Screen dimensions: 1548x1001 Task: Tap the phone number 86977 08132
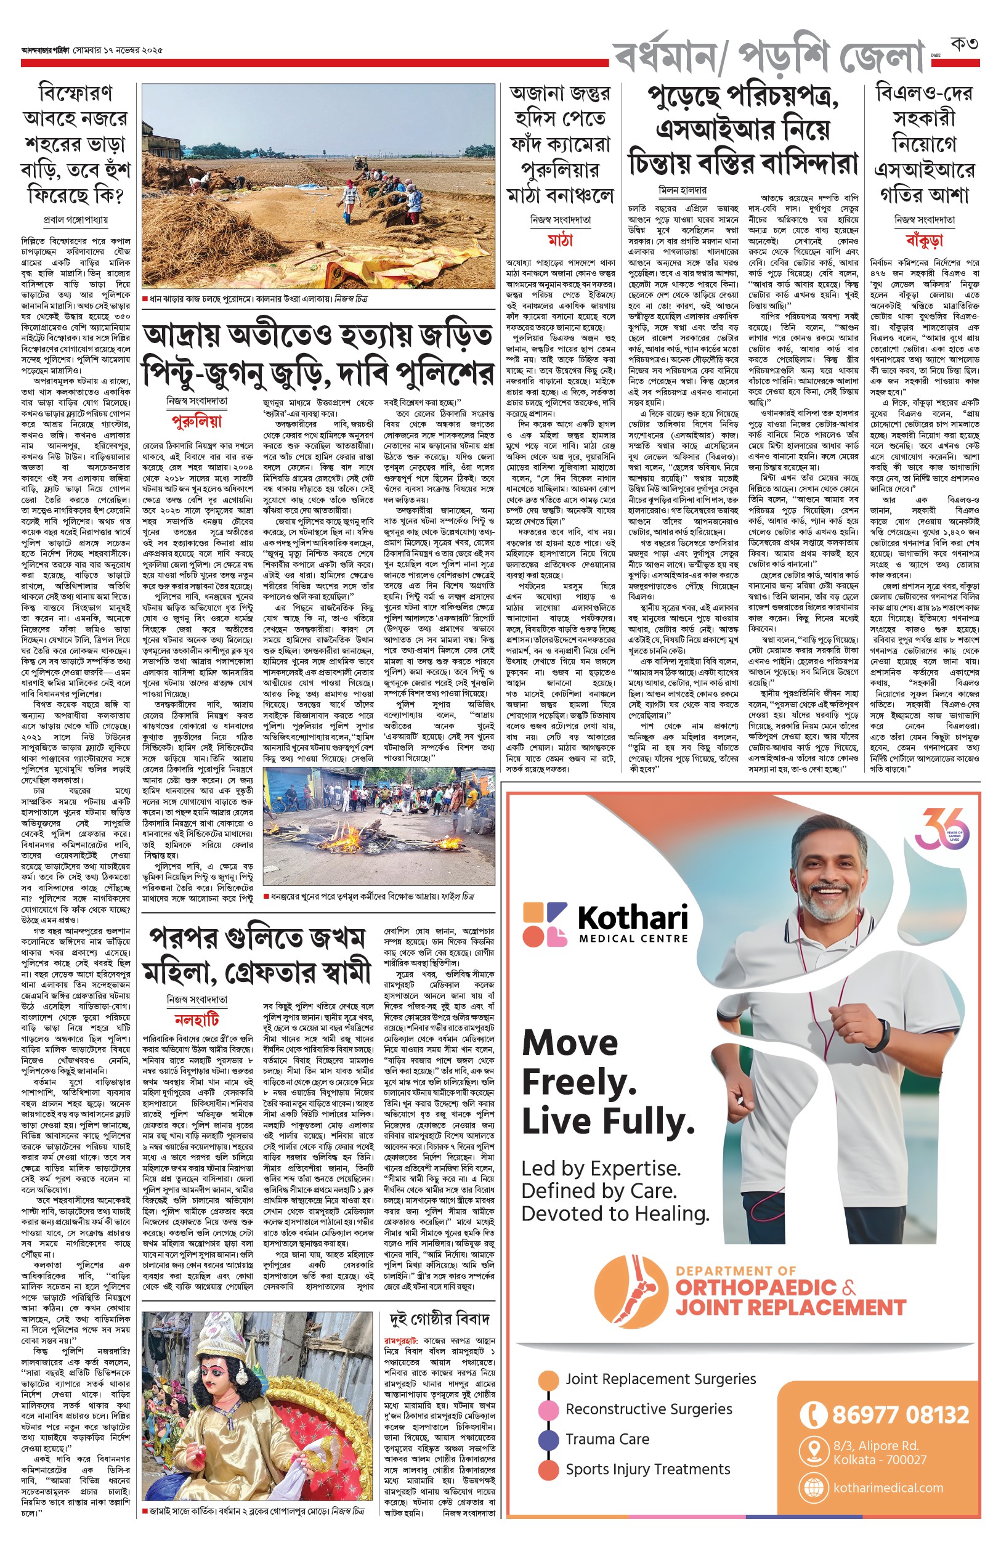[899, 1415]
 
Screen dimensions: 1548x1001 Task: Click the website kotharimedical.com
[888, 1488]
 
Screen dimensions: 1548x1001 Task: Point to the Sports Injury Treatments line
[647, 1469]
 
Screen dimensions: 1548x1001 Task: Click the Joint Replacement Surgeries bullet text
[660, 1379]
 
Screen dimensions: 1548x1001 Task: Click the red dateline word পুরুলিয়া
[197, 421]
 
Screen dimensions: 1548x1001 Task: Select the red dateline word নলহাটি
[197, 1019]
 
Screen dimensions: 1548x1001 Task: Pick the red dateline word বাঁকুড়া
[923, 241]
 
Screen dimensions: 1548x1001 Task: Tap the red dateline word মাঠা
[560, 240]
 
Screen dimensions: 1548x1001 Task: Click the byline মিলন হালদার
[682, 190]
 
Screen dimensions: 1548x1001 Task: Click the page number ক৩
[964, 44]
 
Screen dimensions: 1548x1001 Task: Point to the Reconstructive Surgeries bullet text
[649, 1409]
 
